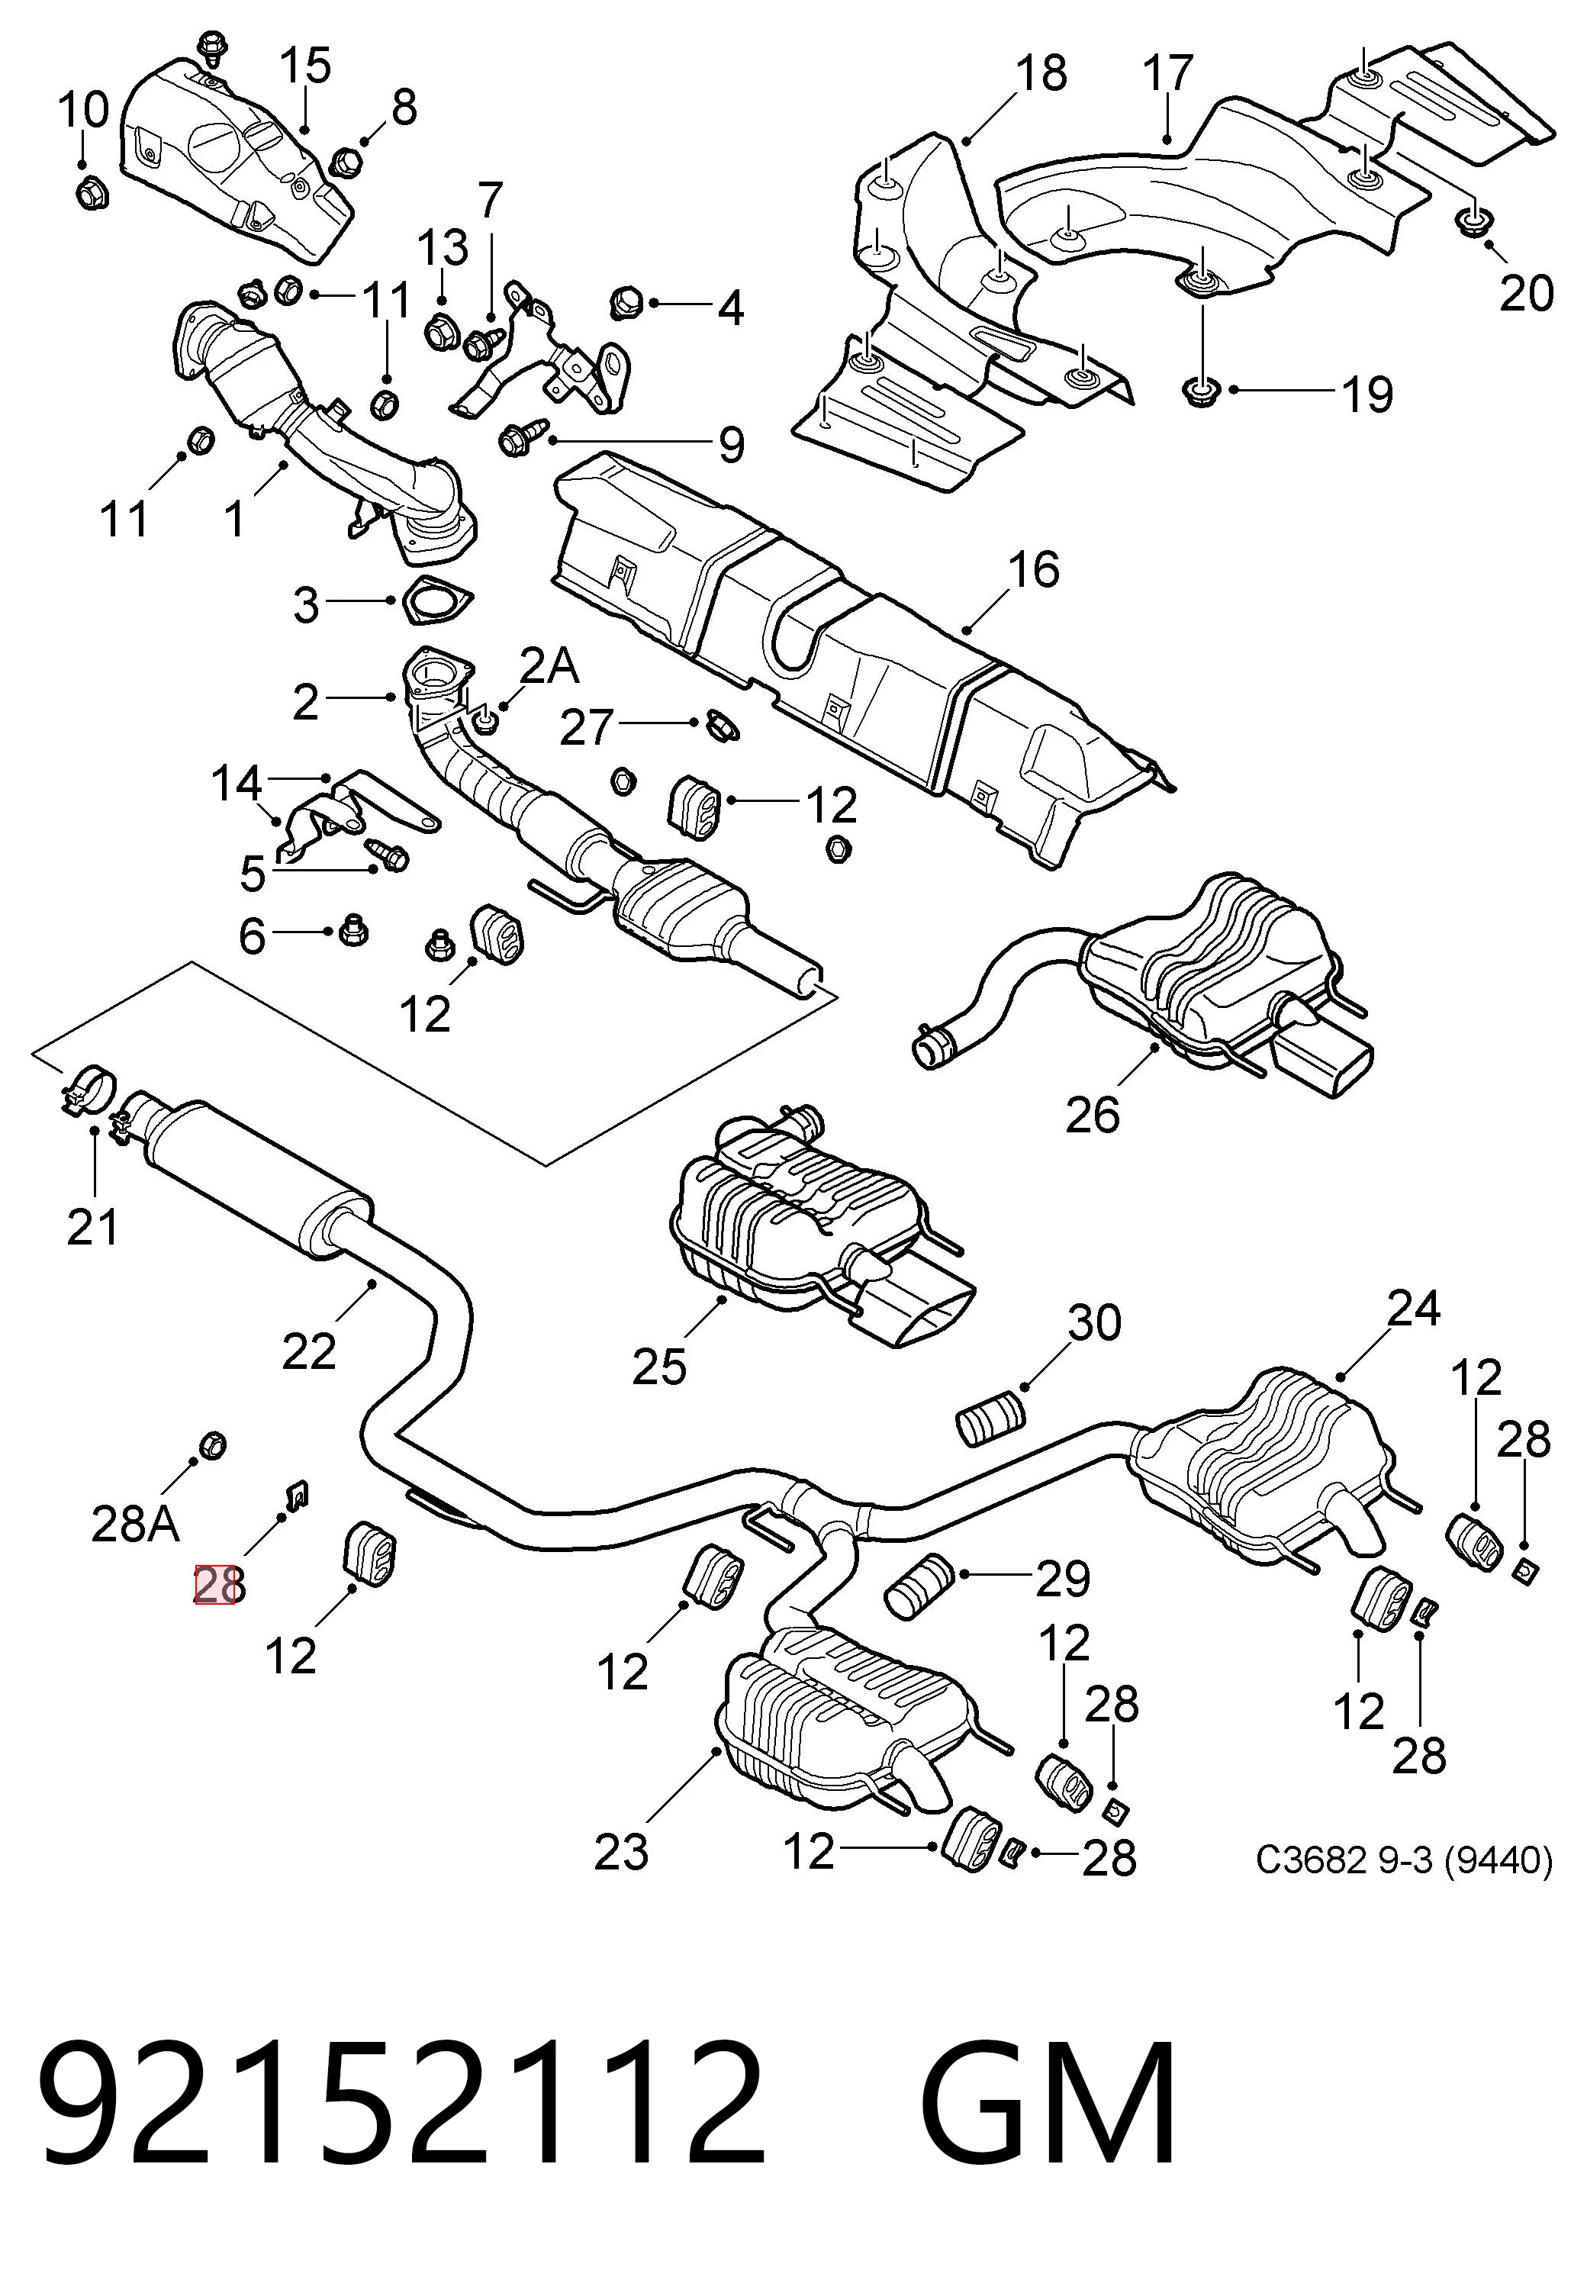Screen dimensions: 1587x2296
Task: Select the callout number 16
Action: coord(1033,571)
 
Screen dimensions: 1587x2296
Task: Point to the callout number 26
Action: coord(1092,1115)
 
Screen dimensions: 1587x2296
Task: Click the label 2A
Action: coord(550,665)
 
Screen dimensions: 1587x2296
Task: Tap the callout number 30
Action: coord(1095,1322)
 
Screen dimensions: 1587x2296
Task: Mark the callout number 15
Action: coord(304,66)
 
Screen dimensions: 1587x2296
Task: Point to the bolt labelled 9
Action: coord(521,436)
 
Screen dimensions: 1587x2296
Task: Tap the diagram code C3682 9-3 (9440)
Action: coord(1404,1859)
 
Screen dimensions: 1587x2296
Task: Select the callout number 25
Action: coord(659,1367)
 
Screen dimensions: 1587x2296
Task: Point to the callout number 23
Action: coord(622,1851)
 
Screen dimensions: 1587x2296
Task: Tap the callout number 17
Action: coord(1167,72)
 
